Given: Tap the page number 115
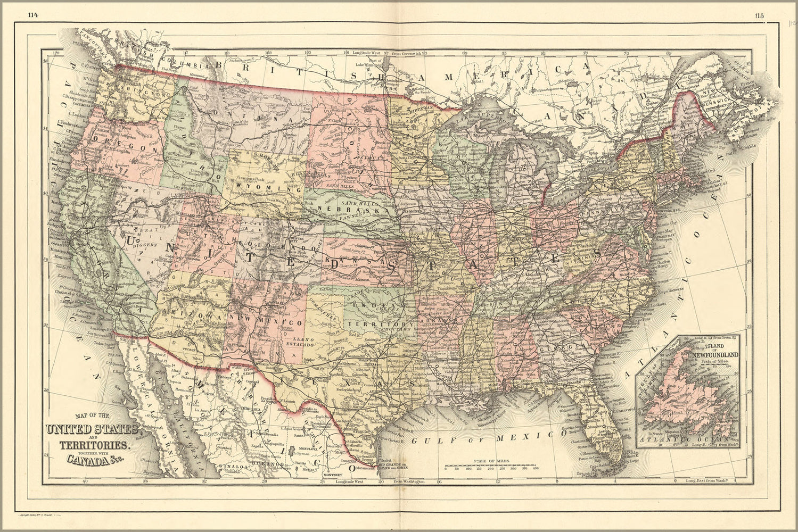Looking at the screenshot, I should coord(759,15).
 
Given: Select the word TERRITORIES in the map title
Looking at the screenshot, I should coord(93,445).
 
